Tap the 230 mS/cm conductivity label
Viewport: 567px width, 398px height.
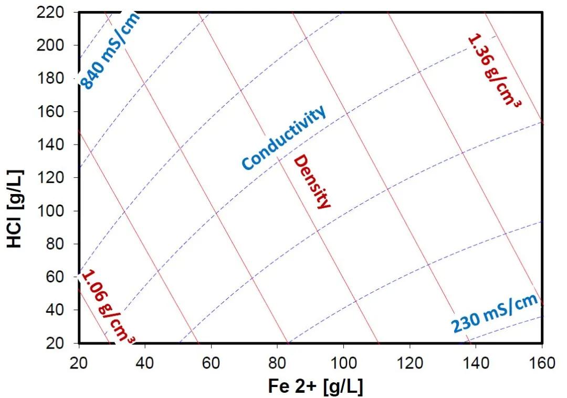pyautogui.click(x=495, y=314)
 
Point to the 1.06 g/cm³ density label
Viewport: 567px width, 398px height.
pyautogui.click(x=108, y=305)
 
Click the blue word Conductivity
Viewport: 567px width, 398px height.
pyautogui.click(x=283, y=138)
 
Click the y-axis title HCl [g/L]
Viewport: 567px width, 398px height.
pyautogui.click(x=16, y=208)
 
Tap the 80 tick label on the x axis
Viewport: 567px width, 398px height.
pyautogui.click(x=277, y=362)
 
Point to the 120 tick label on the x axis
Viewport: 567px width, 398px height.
pyautogui.click(x=409, y=362)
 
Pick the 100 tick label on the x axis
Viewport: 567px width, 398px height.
pyautogui.click(x=343, y=362)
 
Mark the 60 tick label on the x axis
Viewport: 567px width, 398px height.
pyautogui.click(x=211, y=362)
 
